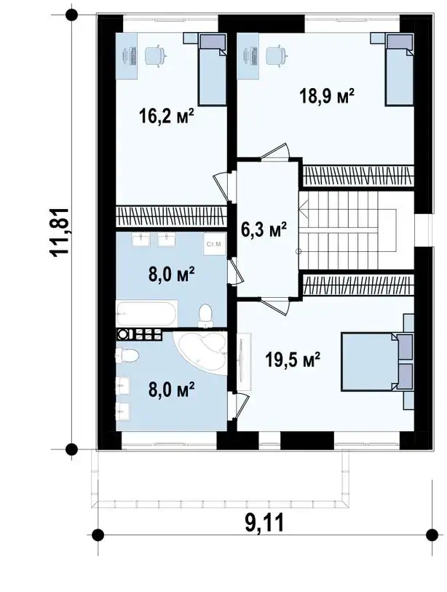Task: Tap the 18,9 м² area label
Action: pos(327,96)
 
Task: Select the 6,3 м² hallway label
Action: pos(264,229)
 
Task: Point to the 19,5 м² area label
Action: pos(293,359)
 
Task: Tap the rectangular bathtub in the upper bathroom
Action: pos(146,313)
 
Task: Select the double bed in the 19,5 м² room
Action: pos(378,362)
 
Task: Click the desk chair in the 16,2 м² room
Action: pos(155,56)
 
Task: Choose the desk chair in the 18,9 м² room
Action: pos(277,56)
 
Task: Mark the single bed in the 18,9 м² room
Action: pos(400,70)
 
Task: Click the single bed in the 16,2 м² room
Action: pos(212,70)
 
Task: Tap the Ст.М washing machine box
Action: pos(213,244)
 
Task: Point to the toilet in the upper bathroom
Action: pos(205,315)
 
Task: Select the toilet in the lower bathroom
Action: pos(127,355)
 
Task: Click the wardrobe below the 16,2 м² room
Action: pos(171,216)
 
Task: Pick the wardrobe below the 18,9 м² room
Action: pos(358,175)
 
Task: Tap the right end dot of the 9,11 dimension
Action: pos(432,534)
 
